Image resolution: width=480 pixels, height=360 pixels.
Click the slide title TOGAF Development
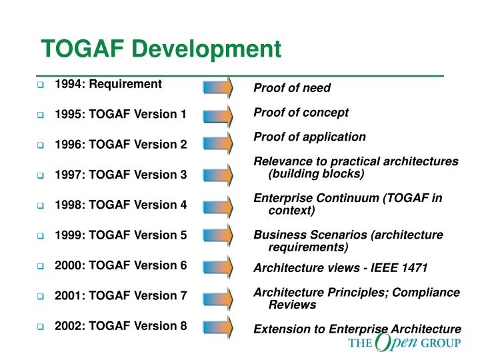click(x=161, y=48)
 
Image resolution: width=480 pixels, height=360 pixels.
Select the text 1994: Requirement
click(x=108, y=84)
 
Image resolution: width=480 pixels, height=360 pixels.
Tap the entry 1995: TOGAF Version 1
click(x=121, y=114)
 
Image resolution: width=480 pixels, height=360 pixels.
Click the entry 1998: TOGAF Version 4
click(x=121, y=205)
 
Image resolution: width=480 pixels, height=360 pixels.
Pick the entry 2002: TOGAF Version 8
click(x=121, y=326)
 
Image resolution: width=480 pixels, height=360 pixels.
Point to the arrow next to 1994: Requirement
click(x=218, y=87)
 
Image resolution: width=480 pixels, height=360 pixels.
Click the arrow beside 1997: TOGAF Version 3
click(x=218, y=175)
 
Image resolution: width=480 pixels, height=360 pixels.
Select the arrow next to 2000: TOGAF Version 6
click(x=218, y=266)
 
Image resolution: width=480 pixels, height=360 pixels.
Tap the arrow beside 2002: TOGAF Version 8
click(x=218, y=327)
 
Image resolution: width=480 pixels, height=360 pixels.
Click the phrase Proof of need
click(x=292, y=88)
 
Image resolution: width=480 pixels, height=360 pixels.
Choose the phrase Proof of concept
click(x=301, y=112)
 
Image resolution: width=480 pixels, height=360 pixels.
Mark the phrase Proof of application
click(x=309, y=137)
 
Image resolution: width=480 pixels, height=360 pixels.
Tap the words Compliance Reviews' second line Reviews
click(x=292, y=305)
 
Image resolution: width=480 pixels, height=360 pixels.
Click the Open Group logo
click(x=404, y=344)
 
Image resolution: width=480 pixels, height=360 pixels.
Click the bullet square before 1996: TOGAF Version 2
click(x=40, y=145)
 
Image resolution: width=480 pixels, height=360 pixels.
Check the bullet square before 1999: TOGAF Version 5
click(x=40, y=236)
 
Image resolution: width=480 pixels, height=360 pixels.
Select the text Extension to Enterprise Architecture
click(x=357, y=329)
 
